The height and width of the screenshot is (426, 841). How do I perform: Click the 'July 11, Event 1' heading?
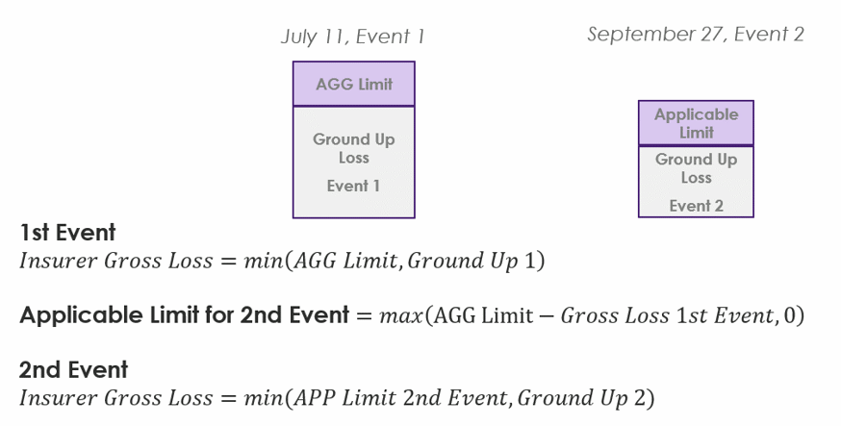coord(352,37)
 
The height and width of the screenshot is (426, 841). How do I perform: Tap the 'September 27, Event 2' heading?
coord(696,35)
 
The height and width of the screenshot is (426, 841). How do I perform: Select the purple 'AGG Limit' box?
coord(353,84)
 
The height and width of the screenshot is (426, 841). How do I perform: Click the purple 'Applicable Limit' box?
coord(696,123)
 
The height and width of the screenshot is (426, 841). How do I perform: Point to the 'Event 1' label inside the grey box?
coord(353,186)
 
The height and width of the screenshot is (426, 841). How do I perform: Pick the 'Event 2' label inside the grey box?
coord(696,206)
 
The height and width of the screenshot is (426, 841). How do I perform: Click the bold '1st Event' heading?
coord(67,233)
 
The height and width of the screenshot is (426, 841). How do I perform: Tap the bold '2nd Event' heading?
coord(73,369)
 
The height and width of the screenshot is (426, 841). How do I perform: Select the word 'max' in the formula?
coord(401,315)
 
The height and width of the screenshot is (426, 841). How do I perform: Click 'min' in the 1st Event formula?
coord(264,261)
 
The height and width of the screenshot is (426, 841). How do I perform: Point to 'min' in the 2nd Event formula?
coord(264,397)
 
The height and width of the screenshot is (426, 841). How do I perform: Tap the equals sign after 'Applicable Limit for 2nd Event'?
coord(364,315)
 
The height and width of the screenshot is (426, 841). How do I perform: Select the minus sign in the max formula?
coord(547,315)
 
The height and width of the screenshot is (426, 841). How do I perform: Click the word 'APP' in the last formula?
coord(314,397)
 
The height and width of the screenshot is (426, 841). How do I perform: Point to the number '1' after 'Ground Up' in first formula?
coord(529,261)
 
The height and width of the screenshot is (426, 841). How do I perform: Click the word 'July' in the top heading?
coord(299,37)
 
